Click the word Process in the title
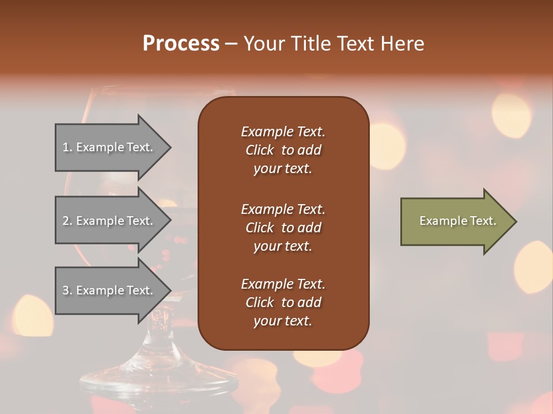pyautogui.click(x=181, y=44)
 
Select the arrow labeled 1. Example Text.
pyautogui.click(x=108, y=147)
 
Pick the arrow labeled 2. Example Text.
pyautogui.click(x=108, y=221)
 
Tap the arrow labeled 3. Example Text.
pyautogui.click(x=108, y=290)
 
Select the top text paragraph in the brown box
pyautogui.click(x=283, y=150)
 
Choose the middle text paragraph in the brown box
pyautogui.click(x=283, y=228)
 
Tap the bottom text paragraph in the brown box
pyautogui.click(x=283, y=302)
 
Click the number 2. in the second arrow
pyautogui.click(x=67, y=221)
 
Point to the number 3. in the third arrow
pyautogui.click(x=67, y=290)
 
